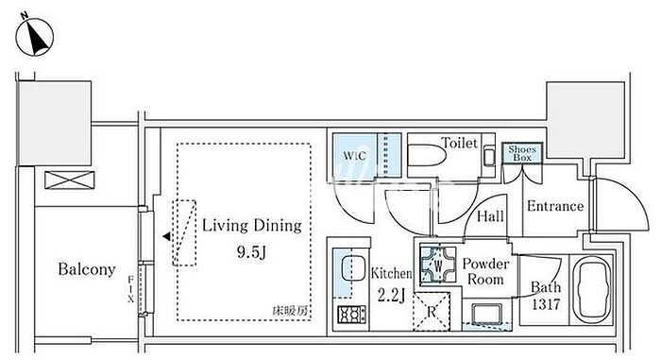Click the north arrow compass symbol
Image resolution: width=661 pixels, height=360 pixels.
[x=35, y=37]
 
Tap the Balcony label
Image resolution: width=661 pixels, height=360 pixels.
[x=87, y=269]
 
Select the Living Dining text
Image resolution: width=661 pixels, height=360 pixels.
[x=252, y=226]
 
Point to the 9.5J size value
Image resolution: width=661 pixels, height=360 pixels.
[x=251, y=252]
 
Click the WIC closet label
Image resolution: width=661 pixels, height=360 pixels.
[x=354, y=156]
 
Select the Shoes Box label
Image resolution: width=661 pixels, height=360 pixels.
[x=522, y=153]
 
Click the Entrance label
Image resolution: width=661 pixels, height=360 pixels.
[x=555, y=206]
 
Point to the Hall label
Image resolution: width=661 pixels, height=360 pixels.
[x=490, y=216]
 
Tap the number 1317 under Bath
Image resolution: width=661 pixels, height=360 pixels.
[x=546, y=304]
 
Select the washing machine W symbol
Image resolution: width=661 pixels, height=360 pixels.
[x=438, y=265]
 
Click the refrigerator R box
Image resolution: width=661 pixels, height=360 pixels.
[x=432, y=312]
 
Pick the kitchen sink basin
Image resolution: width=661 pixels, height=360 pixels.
[x=353, y=268]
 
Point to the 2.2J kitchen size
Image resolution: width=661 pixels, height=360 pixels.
[x=391, y=296]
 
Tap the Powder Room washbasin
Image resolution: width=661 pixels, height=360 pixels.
[x=487, y=314]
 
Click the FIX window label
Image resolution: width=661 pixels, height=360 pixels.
[x=130, y=289]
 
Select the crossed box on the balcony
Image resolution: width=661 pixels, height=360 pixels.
[x=70, y=180]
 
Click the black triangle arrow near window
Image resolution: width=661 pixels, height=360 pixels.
[x=167, y=237]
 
